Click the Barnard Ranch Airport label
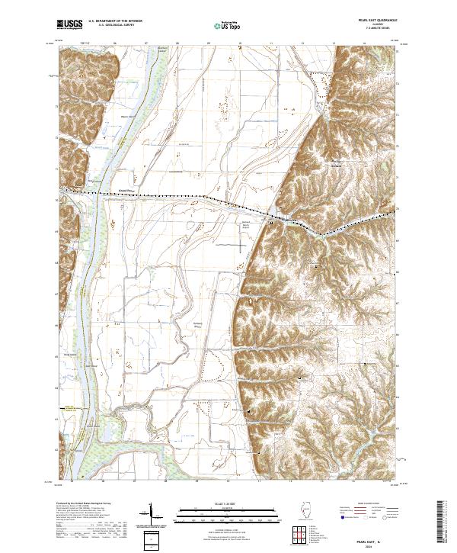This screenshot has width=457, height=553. (x=245, y=226)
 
